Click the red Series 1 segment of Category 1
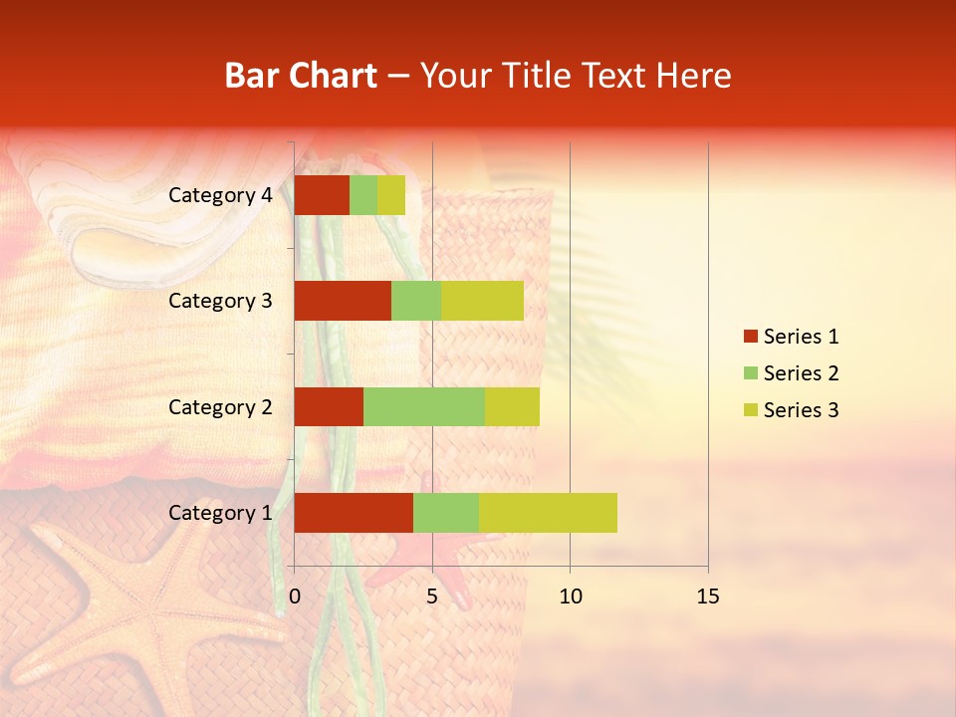click(354, 513)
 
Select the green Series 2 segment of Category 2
click(424, 406)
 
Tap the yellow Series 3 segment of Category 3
click(482, 301)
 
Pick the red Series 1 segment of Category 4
click(322, 195)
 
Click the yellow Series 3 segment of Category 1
click(548, 513)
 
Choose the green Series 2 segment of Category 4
click(363, 195)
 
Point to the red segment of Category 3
click(343, 301)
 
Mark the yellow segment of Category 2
click(512, 406)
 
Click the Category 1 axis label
click(220, 513)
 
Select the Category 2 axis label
click(220, 406)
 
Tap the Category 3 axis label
click(220, 301)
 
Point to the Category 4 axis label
click(220, 195)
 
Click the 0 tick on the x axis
click(294, 597)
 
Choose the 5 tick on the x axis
click(432, 597)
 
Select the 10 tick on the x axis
click(570, 597)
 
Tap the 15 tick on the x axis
click(707, 597)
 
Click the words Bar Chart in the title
click(301, 76)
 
